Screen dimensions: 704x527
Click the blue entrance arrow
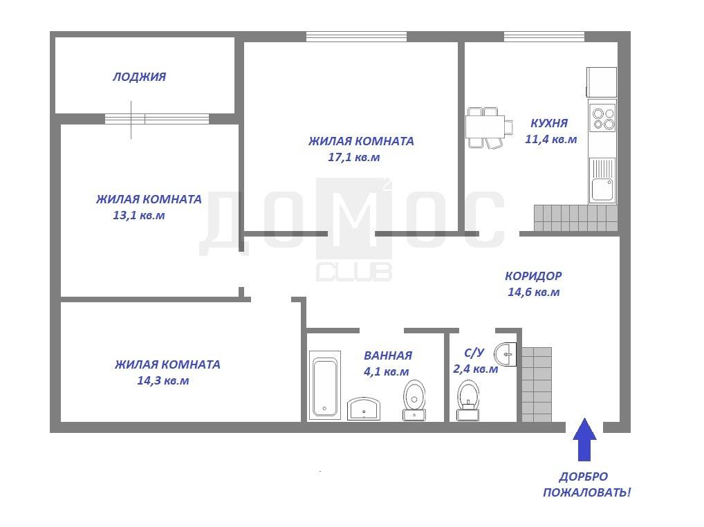(x=584, y=439)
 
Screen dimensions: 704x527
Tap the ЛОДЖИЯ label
(x=139, y=77)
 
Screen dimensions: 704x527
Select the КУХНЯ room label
(x=549, y=123)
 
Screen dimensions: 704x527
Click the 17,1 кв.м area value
(x=354, y=158)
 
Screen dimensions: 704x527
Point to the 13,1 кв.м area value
(x=139, y=216)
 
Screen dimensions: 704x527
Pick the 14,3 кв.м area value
(x=163, y=380)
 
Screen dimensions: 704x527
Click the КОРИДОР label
(x=533, y=276)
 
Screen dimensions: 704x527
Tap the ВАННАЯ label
(x=388, y=355)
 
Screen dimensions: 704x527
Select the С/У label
(x=474, y=353)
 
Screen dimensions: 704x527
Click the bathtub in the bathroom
(x=324, y=385)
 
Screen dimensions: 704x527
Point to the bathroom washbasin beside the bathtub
(x=364, y=409)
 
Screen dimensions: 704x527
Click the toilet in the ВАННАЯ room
(x=414, y=400)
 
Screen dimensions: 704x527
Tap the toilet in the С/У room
(x=468, y=400)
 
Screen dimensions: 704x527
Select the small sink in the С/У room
(x=506, y=355)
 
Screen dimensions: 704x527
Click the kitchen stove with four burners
(x=603, y=118)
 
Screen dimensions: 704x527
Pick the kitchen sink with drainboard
(x=602, y=181)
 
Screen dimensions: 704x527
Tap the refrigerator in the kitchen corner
(x=602, y=82)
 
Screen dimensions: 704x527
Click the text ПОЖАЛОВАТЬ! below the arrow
(x=587, y=492)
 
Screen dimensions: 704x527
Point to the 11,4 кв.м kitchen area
(x=551, y=139)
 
